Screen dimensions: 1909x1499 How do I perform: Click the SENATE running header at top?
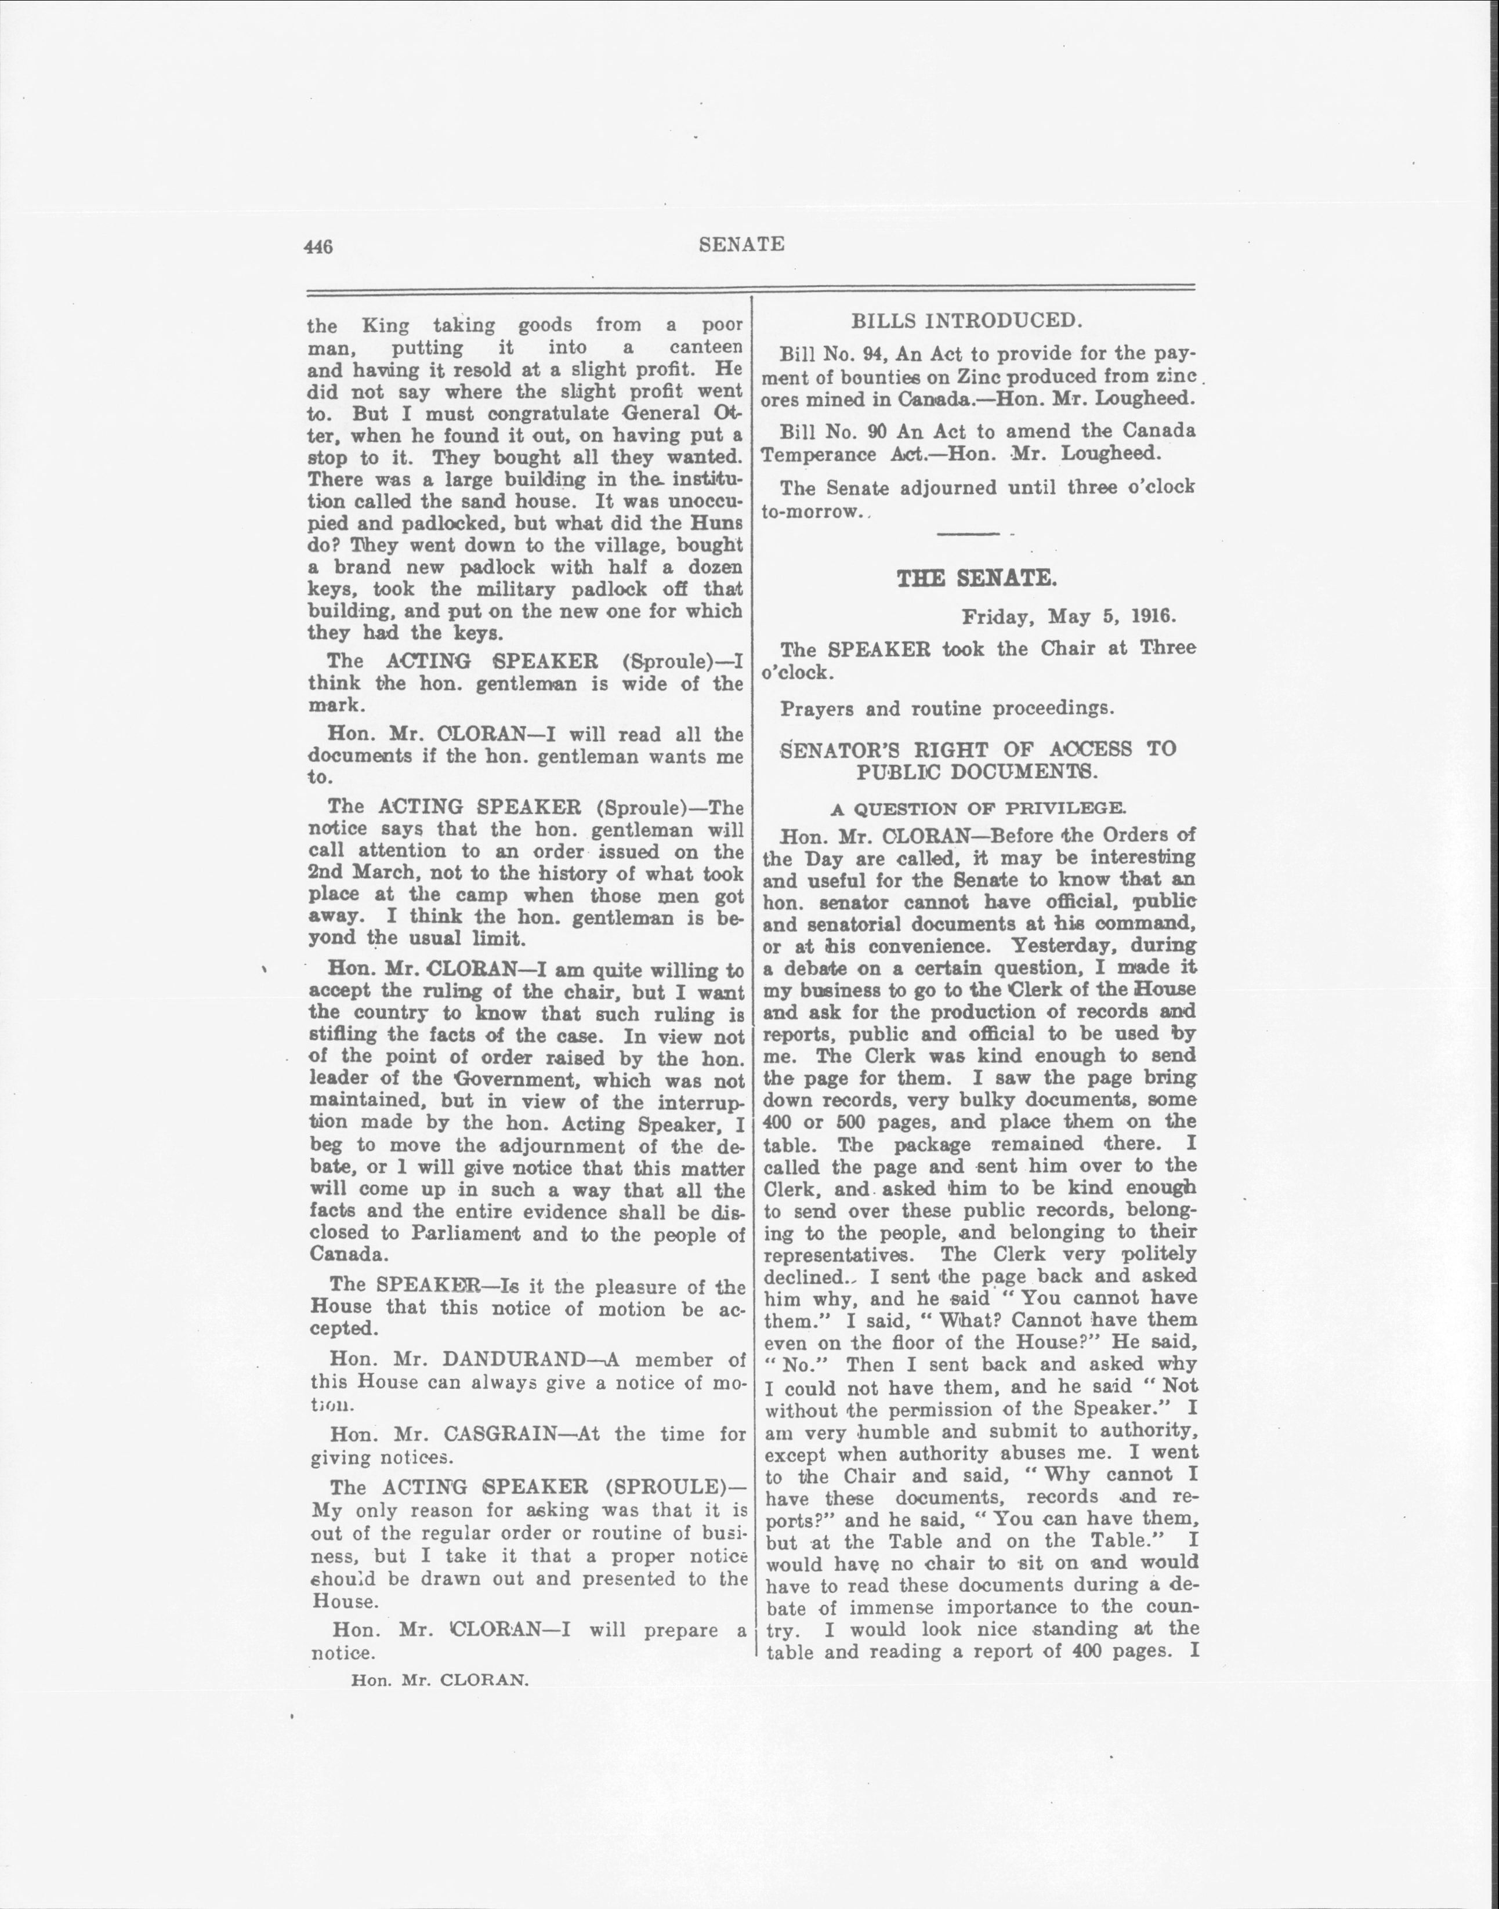[741, 245]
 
